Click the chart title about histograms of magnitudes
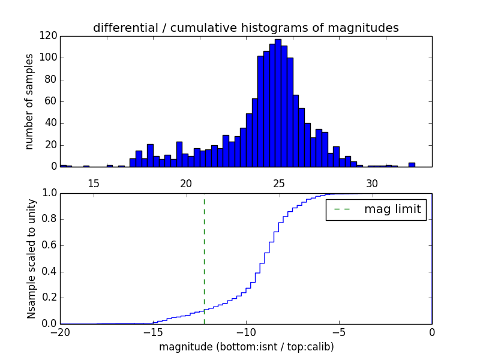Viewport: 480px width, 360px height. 245,28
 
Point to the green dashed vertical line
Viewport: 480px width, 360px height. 204,258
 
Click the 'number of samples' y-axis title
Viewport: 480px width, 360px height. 29,101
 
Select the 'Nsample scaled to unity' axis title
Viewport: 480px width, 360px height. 31,258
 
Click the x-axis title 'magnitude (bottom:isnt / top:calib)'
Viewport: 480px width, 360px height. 246,347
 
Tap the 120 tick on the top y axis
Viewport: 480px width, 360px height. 49,36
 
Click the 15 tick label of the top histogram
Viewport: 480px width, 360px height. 94,183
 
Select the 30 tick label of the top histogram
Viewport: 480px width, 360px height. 372,183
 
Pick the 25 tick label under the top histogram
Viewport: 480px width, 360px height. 279,183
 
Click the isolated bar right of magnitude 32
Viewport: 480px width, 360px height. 412,164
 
